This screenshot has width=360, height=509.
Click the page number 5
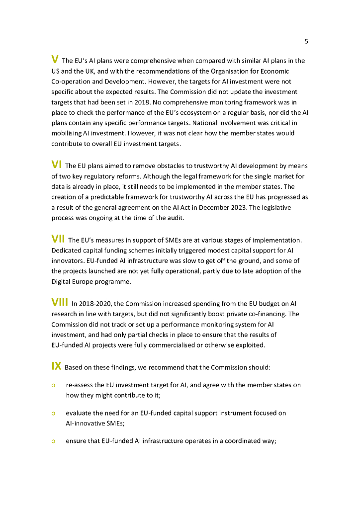click(306, 41)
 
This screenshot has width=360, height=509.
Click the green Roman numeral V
click(55, 60)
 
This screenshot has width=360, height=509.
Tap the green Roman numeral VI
click(57, 165)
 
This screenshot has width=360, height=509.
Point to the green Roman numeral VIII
click(60, 302)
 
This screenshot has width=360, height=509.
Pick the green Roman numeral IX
click(56, 366)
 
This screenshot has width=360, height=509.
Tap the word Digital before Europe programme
click(62, 282)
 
